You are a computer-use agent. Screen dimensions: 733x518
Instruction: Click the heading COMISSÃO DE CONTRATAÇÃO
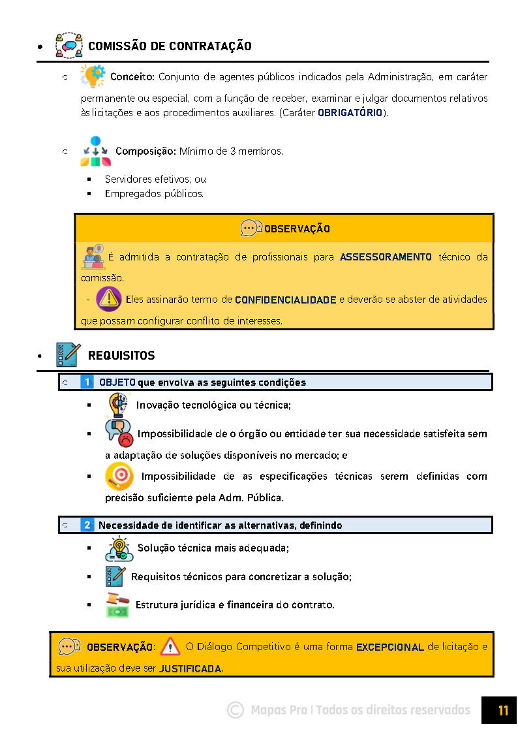click(170, 46)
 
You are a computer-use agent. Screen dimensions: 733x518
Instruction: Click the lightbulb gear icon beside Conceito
click(92, 76)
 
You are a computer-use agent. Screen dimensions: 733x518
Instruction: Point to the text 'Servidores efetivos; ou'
click(155, 179)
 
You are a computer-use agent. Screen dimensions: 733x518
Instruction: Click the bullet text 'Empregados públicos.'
click(154, 194)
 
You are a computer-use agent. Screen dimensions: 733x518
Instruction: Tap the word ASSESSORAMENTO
click(386, 257)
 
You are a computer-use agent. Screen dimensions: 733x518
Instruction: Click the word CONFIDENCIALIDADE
click(285, 300)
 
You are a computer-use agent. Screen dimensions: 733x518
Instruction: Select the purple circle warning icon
click(109, 299)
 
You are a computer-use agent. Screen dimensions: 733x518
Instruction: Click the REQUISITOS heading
click(121, 356)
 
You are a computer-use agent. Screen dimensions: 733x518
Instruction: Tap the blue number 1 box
click(87, 382)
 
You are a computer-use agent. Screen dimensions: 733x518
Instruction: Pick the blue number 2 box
click(87, 525)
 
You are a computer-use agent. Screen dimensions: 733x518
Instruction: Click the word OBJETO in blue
click(117, 382)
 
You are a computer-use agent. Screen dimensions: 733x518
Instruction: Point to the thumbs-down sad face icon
click(119, 432)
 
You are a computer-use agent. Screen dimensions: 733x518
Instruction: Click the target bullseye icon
click(119, 476)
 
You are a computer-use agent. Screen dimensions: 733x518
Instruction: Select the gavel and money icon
click(118, 604)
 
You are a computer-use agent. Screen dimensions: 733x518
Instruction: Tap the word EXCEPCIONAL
click(389, 647)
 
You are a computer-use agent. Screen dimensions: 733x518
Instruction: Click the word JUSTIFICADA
click(190, 669)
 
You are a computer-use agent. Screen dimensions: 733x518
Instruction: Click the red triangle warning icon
click(170, 647)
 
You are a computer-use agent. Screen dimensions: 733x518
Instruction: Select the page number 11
click(502, 710)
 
